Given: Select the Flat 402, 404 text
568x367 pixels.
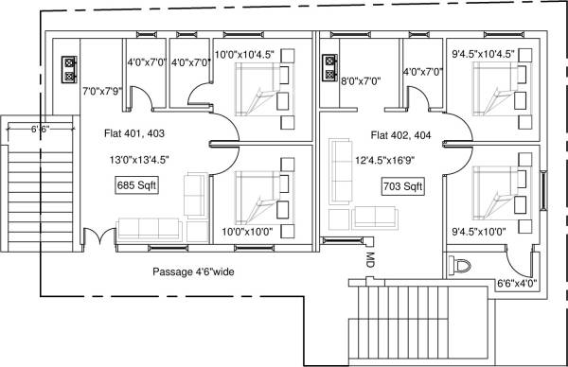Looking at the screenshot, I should [x=402, y=134].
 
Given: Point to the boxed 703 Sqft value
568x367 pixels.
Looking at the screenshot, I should [x=402, y=185].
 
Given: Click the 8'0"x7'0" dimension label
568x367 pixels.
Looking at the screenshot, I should [x=360, y=82].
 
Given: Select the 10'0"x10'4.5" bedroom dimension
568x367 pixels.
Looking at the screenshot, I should [x=244, y=55].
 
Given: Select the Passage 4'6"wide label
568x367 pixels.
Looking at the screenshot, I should [x=192, y=272].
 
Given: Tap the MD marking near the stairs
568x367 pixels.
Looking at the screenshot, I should [x=367, y=257].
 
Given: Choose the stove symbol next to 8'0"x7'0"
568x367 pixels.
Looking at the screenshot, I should [x=329, y=66].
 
